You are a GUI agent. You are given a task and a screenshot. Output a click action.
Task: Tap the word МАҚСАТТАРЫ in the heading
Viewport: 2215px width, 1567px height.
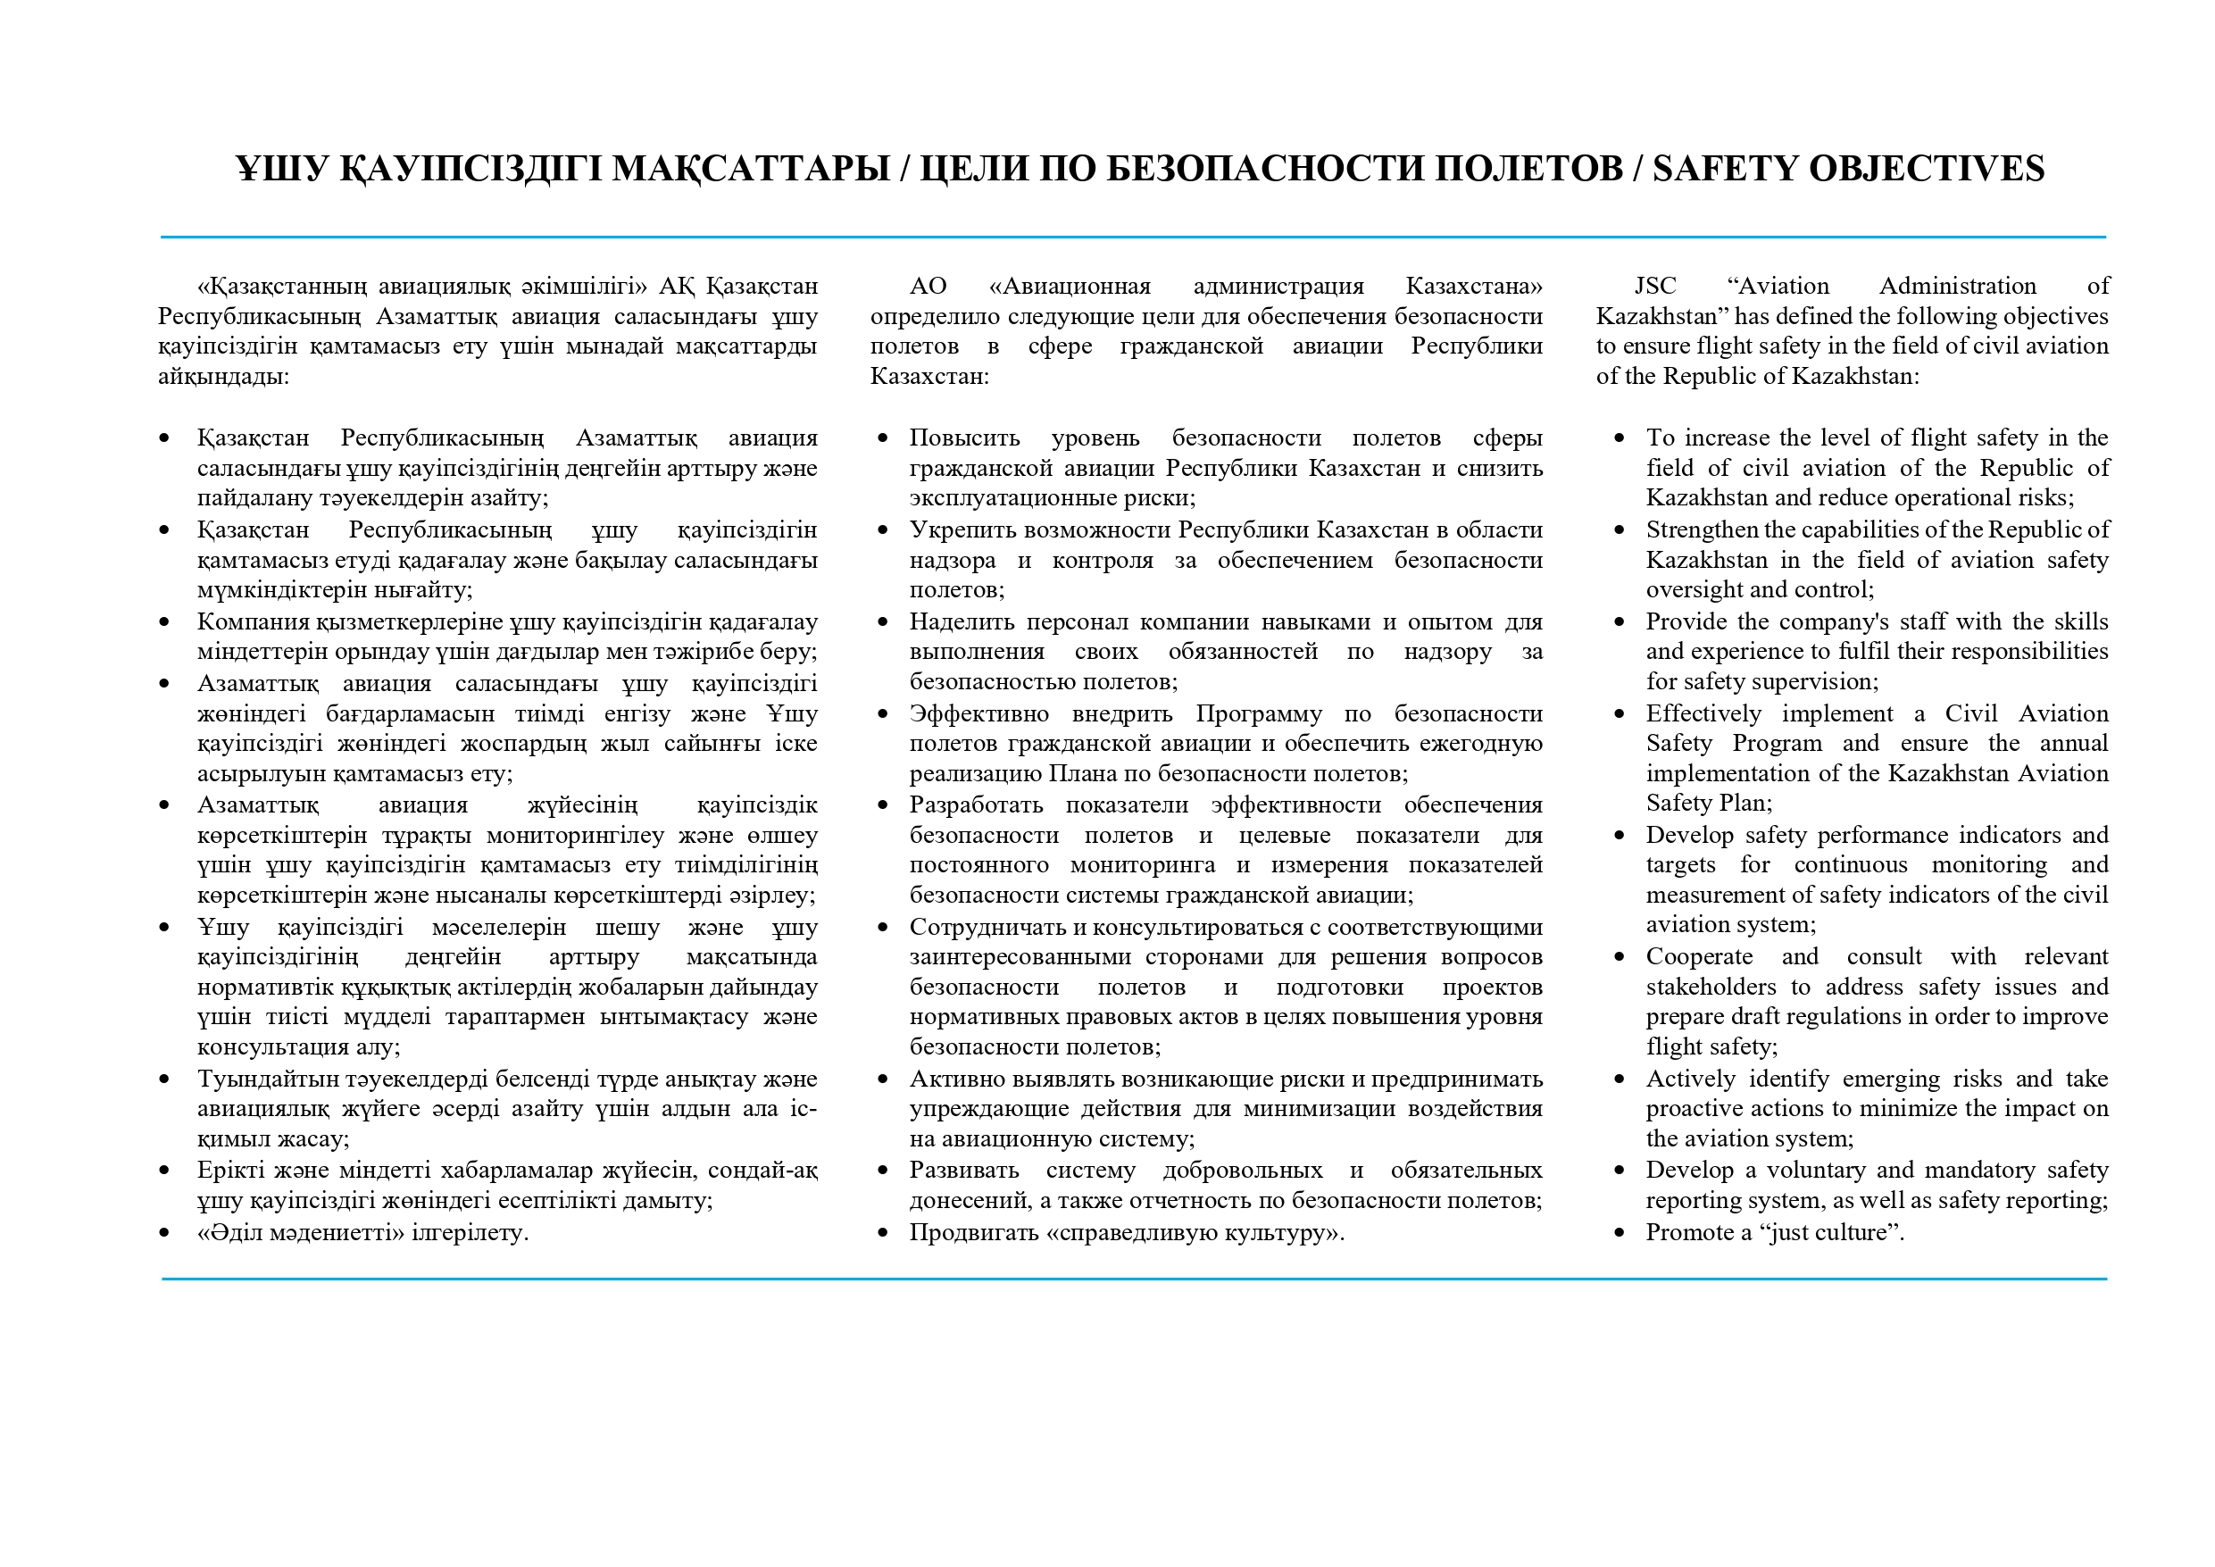751,169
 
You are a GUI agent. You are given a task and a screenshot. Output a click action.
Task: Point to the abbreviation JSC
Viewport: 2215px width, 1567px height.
1654,287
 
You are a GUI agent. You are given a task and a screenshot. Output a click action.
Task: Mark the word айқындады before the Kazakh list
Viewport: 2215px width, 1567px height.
223,376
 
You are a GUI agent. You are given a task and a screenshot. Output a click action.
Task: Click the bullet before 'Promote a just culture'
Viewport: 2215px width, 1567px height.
1620,1233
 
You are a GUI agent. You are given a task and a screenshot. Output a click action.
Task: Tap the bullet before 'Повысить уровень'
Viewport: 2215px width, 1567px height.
883,439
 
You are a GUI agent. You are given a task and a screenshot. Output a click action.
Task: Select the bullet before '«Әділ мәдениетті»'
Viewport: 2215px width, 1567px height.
165,1233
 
